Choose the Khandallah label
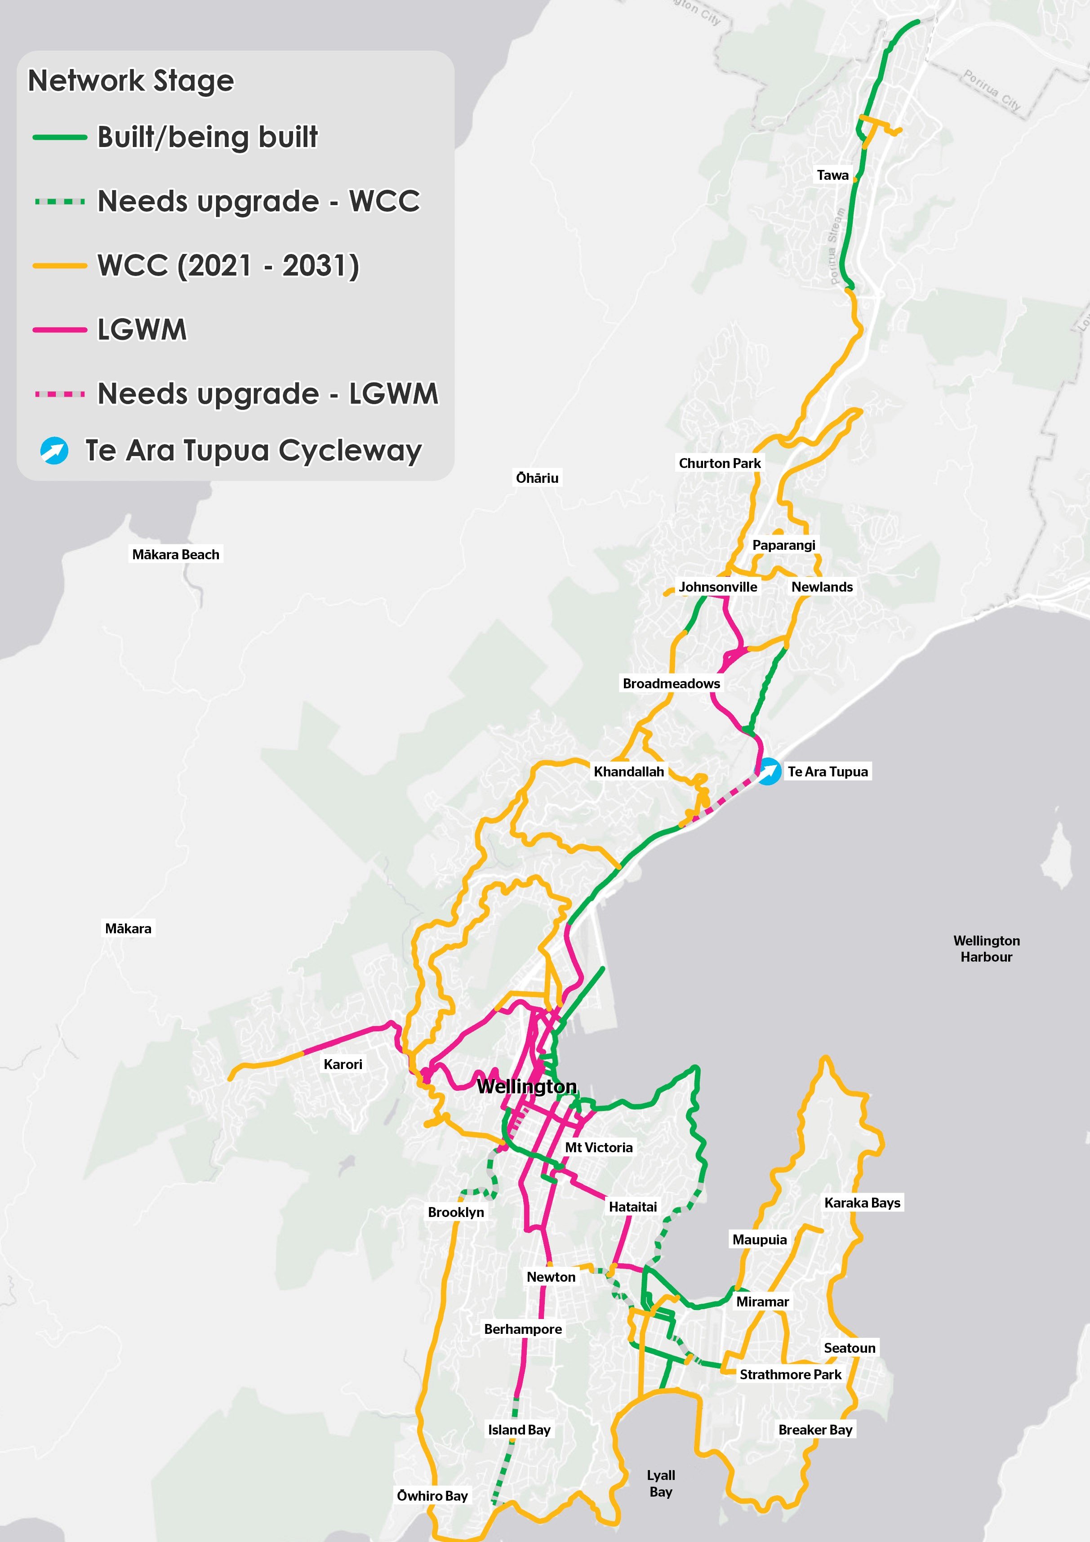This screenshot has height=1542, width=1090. tap(629, 771)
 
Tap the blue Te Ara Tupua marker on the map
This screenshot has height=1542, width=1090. tap(769, 771)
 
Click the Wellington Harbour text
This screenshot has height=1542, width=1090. tap(986, 948)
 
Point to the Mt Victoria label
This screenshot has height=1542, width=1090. tap(598, 1147)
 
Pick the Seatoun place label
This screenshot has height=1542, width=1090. tap(849, 1347)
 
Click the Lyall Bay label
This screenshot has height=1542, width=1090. tap(660, 1483)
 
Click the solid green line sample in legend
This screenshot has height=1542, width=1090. tap(60, 137)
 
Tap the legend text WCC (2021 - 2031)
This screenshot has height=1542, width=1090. tap(228, 265)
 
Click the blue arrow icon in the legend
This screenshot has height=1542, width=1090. tap(54, 450)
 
